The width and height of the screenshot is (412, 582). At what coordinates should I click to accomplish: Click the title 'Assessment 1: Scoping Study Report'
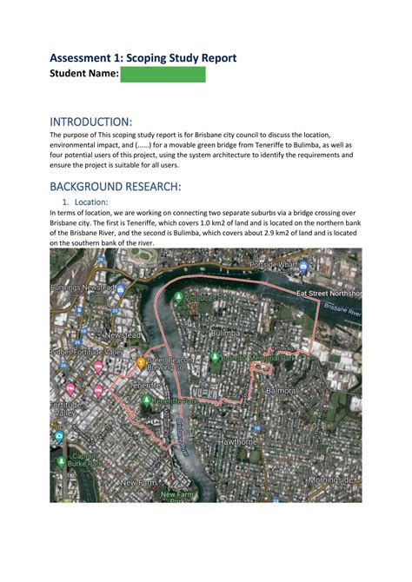[143, 58]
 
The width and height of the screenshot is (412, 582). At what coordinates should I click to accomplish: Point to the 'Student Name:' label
[83, 76]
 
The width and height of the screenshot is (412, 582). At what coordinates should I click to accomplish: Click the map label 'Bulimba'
[223, 332]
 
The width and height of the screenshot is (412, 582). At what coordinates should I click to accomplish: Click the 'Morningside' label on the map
[331, 479]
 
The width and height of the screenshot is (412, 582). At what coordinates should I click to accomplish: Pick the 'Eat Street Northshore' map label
[328, 294]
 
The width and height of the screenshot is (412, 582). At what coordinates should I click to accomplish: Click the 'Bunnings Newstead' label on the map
[83, 287]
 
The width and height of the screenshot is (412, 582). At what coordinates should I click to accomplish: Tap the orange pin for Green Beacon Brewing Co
[141, 360]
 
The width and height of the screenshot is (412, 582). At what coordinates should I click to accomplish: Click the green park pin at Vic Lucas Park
[179, 297]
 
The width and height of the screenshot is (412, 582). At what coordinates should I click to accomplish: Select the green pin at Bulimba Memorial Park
[214, 355]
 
